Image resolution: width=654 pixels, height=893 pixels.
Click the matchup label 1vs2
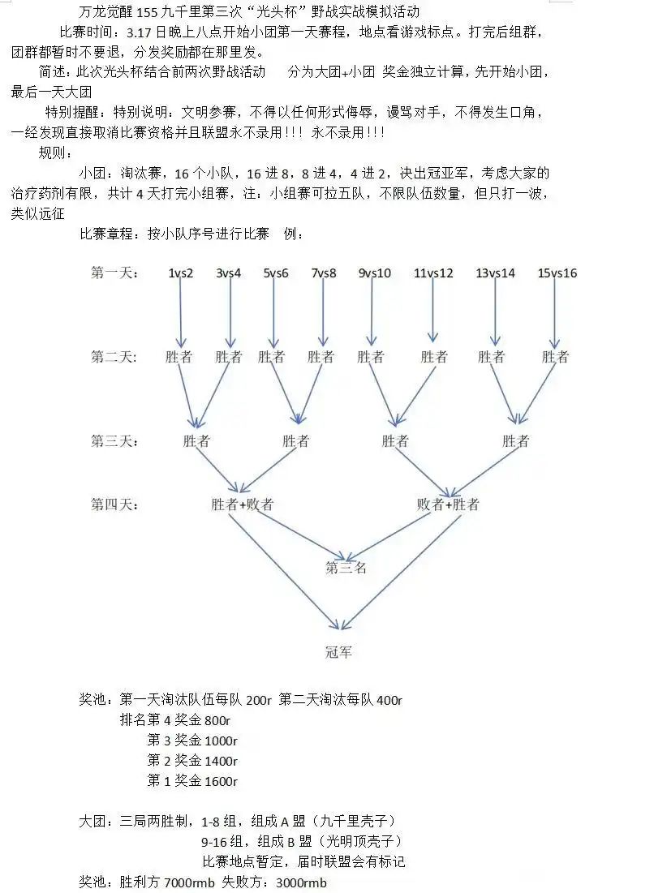[x=181, y=273]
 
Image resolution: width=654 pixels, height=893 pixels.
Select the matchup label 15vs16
[x=557, y=273]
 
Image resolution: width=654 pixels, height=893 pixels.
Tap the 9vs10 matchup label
[x=374, y=273]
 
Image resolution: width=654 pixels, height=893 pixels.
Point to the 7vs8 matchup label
[x=324, y=273]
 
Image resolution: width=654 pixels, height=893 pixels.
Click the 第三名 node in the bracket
[x=346, y=567]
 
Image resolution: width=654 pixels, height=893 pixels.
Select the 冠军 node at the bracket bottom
[x=339, y=652]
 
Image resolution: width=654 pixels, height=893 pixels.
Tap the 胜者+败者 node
[x=242, y=504]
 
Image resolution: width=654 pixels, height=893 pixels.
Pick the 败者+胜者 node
[x=448, y=504]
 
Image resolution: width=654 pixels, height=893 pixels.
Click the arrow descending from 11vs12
[x=433, y=311]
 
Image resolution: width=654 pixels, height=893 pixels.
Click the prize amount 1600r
[x=221, y=781]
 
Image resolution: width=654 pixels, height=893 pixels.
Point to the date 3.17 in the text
[x=139, y=32]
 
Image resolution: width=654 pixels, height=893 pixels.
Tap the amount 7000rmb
[x=190, y=882]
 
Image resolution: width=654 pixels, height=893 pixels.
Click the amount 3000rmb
[x=301, y=882]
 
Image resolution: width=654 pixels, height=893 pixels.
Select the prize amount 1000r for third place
[x=221, y=741]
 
